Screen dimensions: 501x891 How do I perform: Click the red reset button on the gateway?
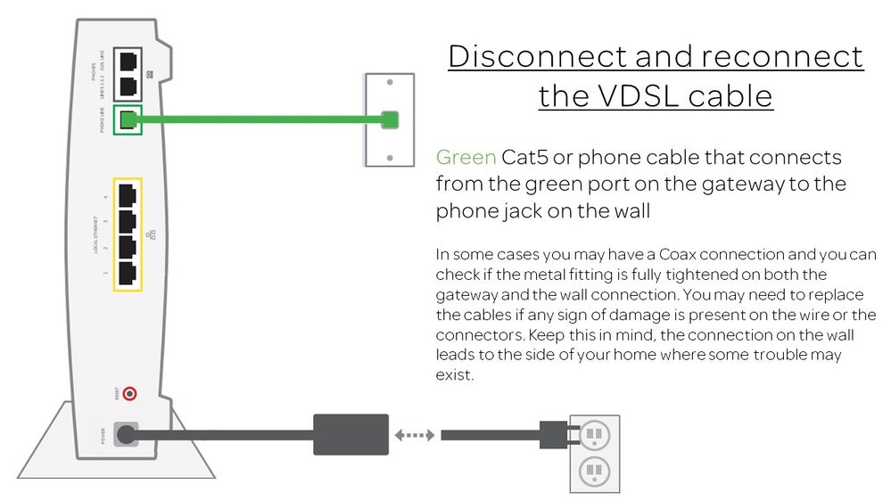click(130, 393)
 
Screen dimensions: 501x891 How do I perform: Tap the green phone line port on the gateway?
click(129, 119)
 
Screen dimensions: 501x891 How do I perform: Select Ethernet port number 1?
click(128, 273)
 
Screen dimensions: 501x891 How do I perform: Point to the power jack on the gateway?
click(127, 435)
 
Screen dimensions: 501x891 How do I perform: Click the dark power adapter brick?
click(350, 435)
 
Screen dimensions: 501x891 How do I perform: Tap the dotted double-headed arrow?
click(415, 435)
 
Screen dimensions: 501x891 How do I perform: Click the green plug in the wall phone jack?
click(390, 119)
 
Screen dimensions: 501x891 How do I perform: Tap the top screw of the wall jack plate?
click(390, 82)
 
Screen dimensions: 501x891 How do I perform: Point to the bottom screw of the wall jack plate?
click(390, 158)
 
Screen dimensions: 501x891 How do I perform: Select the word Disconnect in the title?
click(537, 56)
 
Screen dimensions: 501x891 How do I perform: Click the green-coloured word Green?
click(466, 158)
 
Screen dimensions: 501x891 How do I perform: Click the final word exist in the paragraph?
click(455, 374)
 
